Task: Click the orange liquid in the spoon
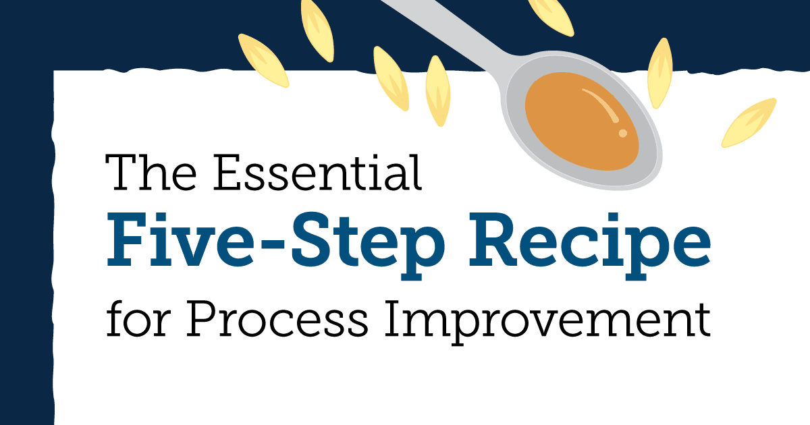click(579, 121)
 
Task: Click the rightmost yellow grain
click(747, 123)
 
